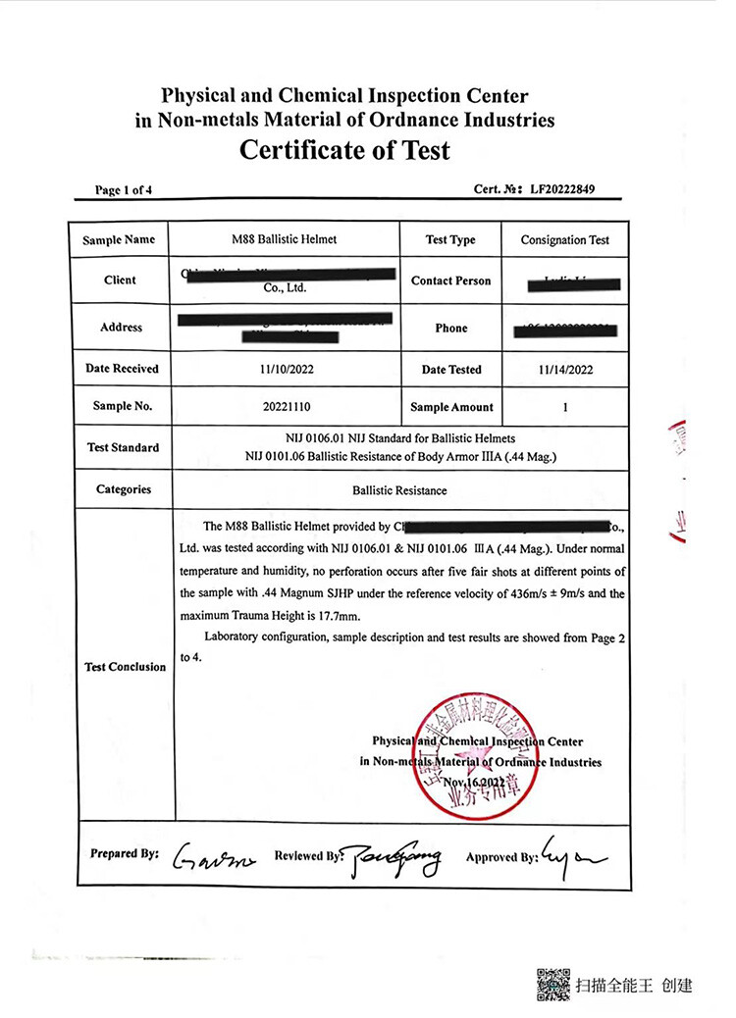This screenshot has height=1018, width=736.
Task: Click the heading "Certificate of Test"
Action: click(344, 150)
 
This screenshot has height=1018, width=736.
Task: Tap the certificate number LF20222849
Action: click(562, 189)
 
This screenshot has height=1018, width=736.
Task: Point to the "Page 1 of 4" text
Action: click(124, 190)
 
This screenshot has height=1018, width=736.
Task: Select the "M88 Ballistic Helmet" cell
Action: click(284, 239)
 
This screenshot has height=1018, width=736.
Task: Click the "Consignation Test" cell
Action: click(564, 239)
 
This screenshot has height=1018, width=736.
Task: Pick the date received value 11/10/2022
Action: click(284, 369)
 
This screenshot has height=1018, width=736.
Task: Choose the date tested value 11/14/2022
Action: click(564, 369)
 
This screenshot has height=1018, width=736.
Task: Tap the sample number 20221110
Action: click(284, 406)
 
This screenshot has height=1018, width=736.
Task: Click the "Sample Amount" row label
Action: click(451, 407)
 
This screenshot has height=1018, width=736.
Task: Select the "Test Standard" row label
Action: click(123, 447)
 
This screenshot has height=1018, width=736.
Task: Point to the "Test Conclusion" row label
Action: click(125, 667)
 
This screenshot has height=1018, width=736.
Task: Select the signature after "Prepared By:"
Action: click(213, 858)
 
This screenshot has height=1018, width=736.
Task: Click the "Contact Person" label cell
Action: click(451, 280)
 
